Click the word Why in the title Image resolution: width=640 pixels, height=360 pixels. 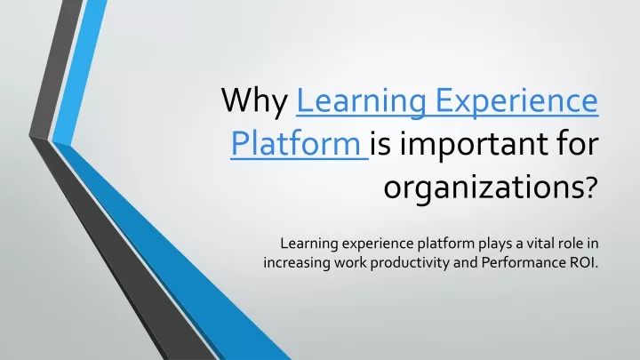254,101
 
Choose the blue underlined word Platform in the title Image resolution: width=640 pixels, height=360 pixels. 295,144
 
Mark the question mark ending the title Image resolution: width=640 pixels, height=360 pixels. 589,186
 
